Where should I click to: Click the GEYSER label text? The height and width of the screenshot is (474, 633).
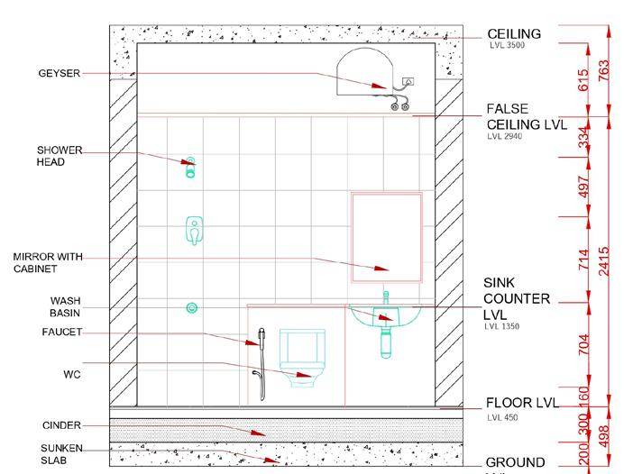pyautogui.click(x=60, y=74)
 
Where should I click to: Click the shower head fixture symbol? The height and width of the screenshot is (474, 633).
pyautogui.click(x=190, y=167)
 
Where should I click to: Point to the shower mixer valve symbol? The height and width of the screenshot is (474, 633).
pyautogui.click(x=194, y=231)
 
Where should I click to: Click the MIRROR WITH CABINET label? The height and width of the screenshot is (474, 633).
pyautogui.click(x=48, y=262)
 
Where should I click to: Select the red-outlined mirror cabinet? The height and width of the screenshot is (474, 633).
pyautogui.click(x=386, y=232)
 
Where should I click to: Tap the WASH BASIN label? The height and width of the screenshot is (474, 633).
pyautogui.click(x=65, y=306)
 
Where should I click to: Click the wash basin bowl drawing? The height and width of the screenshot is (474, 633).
pyautogui.click(x=386, y=318)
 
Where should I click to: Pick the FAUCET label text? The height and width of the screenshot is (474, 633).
pyautogui.click(x=62, y=332)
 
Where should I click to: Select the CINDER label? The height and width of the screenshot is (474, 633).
pyautogui.click(x=62, y=424)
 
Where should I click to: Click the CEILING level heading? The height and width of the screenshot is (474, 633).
pyautogui.click(x=514, y=34)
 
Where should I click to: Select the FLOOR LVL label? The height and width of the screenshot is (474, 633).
pyautogui.click(x=523, y=403)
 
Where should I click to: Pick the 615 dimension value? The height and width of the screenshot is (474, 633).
pyautogui.click(x=583, y=78)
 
